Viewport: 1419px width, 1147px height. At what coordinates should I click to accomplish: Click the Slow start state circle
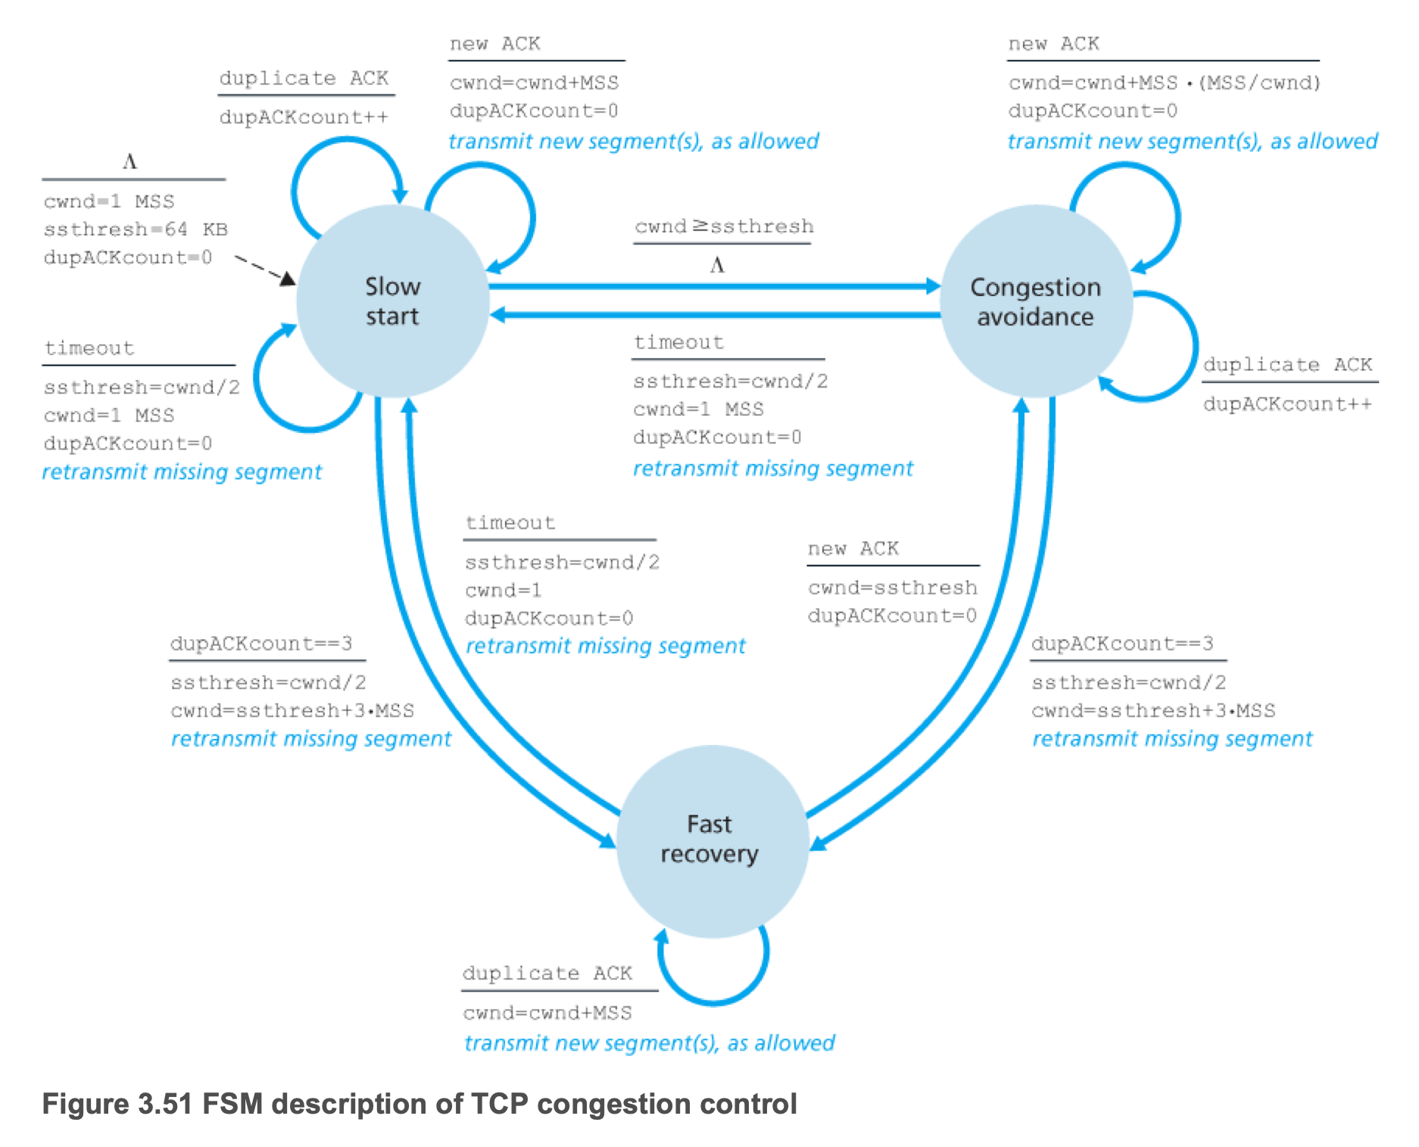coord(392,301)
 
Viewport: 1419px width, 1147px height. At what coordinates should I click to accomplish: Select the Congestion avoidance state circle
coord(1035,301)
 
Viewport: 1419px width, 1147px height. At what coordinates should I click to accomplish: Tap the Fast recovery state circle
coord(709,840)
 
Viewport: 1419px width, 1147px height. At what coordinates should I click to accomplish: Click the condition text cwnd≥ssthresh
coord(724,226)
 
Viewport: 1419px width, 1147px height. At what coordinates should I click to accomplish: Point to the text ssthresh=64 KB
coord(136,229)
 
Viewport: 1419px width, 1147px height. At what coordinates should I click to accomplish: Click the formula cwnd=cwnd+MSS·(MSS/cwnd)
coord(1164,83)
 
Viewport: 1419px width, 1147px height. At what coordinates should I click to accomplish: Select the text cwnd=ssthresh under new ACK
coord(892,588)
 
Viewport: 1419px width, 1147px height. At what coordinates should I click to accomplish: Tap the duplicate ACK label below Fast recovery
coord(547,973)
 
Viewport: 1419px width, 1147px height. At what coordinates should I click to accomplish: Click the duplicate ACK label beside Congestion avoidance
coord(1287,365)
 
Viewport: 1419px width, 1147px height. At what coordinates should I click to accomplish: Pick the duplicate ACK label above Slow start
coord(304,79)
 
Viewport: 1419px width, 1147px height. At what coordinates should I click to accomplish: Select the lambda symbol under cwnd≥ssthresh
coord(717,266)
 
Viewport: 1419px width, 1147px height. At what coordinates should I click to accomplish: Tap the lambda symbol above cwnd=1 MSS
coord(129,162)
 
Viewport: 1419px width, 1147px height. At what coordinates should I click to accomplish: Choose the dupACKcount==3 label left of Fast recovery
coord(261,644)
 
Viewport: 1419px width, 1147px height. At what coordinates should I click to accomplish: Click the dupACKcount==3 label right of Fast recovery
coord(1122,644)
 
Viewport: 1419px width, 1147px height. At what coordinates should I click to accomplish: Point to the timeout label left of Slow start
coord(89,348)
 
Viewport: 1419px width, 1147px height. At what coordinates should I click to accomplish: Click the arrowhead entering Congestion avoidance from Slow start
coord(933,286)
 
